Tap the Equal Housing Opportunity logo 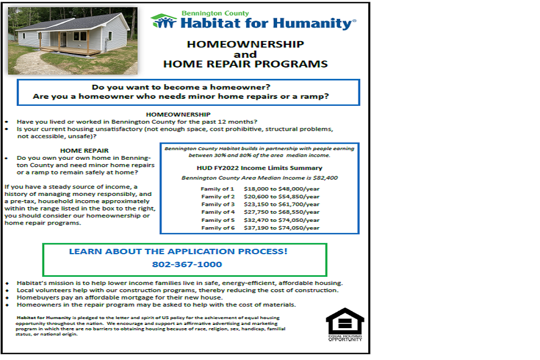(x=345, y=324)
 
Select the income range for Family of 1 (x=281, y=189)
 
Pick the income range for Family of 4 (x=281, y=212)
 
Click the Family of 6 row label (x=218, y=228)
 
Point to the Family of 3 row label (x=218, y=205)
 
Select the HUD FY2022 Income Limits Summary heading (x=259, y=168)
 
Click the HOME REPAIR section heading (x=84, y=151)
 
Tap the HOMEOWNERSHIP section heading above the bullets (x=178, y=114)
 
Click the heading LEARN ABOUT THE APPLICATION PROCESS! (x=178, y=252)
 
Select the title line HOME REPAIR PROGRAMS (x=245, y=64)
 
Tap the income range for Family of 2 (x=281, y=196)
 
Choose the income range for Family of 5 (x=281, y=220)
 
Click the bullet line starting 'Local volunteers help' (x=178, y=290)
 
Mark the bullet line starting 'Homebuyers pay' (x=120, y=297)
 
